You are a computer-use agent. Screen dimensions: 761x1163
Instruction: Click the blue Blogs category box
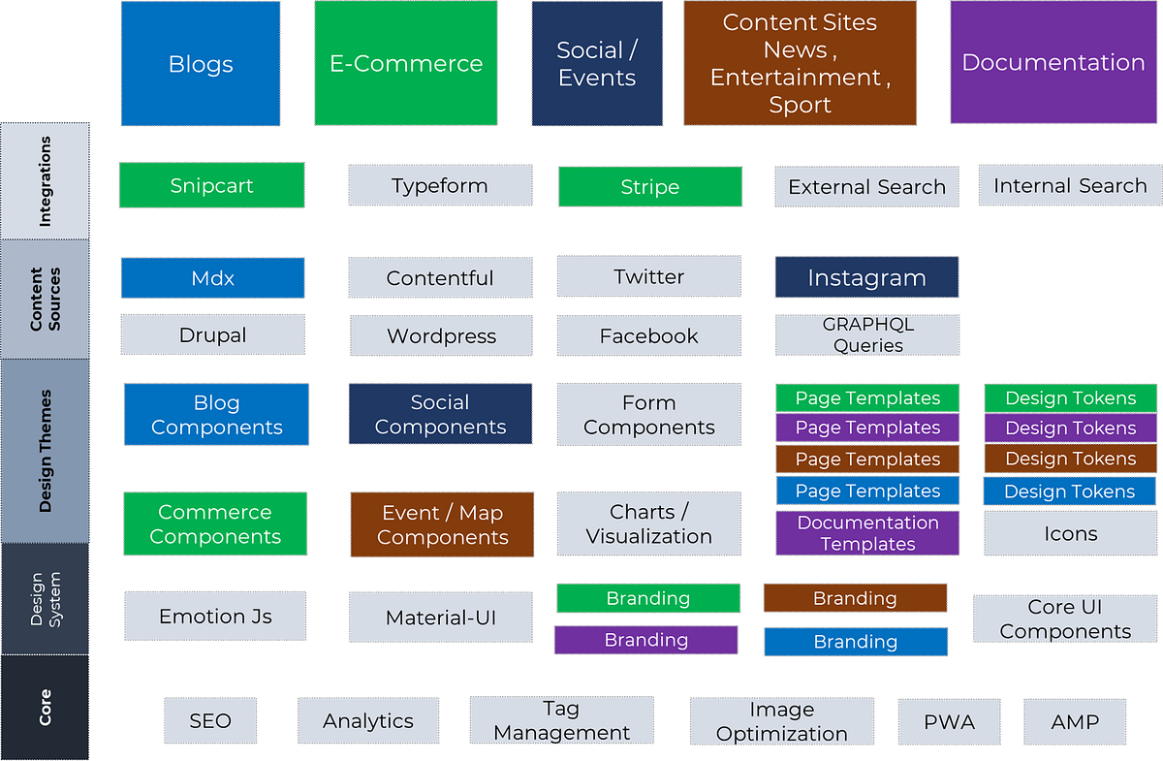tap(201, 64)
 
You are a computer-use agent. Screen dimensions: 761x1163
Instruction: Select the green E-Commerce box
tap(406, 64)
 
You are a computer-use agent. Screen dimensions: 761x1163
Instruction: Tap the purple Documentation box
tap(1053, 63)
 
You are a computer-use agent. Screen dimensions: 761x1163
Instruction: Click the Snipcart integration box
tap(211, 185)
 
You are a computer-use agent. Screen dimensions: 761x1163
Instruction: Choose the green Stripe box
tap(649, 186)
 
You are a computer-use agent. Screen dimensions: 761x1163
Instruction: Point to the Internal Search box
tap(1069, 185)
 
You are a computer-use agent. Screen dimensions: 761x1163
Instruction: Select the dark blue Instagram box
tap(866, 278)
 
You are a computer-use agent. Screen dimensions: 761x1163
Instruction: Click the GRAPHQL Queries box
tap(867, 334)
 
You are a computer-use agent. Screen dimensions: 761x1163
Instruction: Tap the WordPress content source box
tap(441, 336)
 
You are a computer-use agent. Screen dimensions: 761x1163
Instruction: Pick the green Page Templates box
tap(867, 397)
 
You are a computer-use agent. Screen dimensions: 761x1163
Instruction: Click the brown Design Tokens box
tap(1070, 459)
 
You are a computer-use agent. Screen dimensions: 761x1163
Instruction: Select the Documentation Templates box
tap(867, 533)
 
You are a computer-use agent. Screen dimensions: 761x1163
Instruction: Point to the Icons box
tap(1070, 533)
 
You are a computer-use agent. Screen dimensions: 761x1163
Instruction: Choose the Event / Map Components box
tap(442, 524)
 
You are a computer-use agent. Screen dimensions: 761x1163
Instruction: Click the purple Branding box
tap(646, 640)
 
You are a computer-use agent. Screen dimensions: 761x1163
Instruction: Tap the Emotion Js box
tap(215, 616)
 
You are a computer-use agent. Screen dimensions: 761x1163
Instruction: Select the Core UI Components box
tap(1065, 618)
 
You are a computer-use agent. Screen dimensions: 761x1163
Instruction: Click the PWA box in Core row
tap(949, 721)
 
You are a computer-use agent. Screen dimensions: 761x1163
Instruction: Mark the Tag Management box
tap(561, 721)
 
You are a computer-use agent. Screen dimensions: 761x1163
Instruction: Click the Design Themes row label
tap(46, 451)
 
